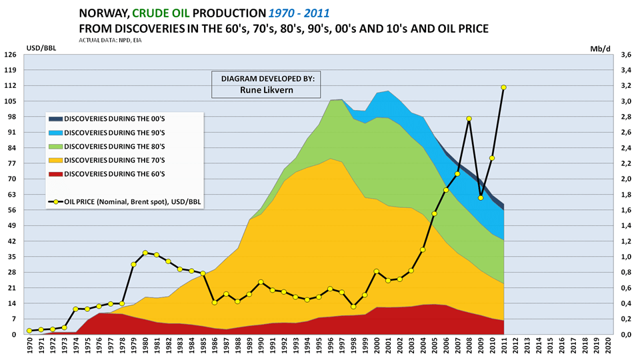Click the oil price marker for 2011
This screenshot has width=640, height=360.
[503, 87]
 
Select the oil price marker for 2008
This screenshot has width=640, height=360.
[469, 119]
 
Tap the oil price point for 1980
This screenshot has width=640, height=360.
[145, 253]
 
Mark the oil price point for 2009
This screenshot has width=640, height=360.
[480, 197]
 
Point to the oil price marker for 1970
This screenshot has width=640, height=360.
[29, 331]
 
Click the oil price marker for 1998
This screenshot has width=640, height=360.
[353, 306]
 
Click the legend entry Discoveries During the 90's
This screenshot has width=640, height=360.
[109, 131]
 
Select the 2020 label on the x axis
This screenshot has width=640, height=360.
[607, 347]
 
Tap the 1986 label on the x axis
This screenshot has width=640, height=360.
[214, 347]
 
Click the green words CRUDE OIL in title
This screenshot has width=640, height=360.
[165, 13]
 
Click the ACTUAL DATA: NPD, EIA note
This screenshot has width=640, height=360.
[110, 40]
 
